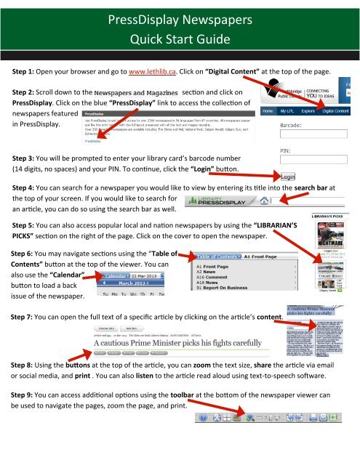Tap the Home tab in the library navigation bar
click(x=268, y=111)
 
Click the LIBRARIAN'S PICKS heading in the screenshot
click(x=333, y=215)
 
